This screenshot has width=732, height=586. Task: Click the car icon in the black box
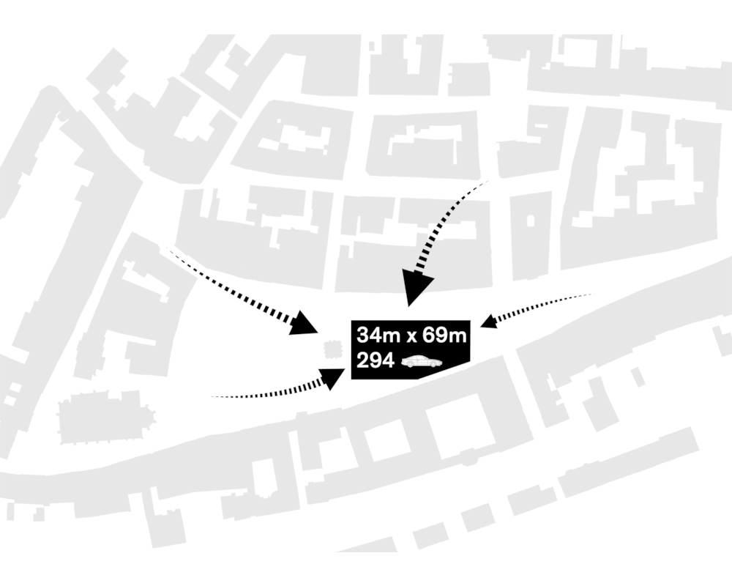point(422,361)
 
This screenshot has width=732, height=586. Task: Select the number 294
point(376,361)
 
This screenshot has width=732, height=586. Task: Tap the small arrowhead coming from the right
point(488,321)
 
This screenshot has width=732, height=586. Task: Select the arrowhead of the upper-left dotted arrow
point(304,323)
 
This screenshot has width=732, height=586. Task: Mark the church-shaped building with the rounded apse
point(106,418)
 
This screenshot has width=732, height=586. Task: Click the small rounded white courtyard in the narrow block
point(531,220)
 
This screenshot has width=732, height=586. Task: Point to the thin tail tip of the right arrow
point(595,294)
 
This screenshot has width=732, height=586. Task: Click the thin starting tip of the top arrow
point(488,180)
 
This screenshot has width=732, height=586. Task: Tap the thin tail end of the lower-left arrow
point(211,397)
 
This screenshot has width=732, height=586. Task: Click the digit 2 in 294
point(363,361)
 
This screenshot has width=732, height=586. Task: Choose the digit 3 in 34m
point(363,335)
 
